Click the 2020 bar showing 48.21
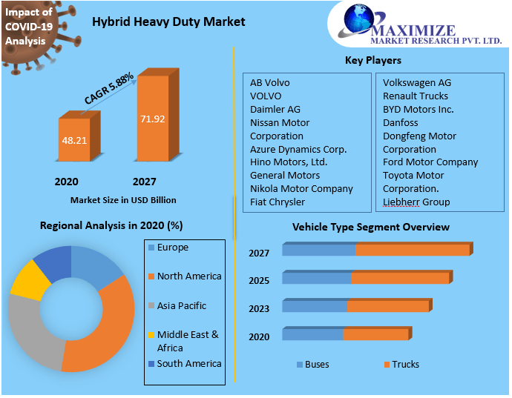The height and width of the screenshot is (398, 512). coord(73,139)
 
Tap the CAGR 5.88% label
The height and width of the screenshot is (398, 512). coord(109,87)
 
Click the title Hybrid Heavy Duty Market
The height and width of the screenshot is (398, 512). coord(168,21)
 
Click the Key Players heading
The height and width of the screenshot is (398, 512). coord(373,60)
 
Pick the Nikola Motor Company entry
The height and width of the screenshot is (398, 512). coord(301,188)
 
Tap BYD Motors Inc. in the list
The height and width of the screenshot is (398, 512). coord(418,109)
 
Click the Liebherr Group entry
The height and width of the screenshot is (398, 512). coord(416,202)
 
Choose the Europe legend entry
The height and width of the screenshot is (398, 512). coord(172,248)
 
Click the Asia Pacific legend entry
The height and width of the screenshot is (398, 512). coord(181,305)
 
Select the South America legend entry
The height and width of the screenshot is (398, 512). coord(188,363)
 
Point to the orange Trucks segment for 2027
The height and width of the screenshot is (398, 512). coord(413,250)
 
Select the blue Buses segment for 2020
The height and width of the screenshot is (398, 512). coord(312,334)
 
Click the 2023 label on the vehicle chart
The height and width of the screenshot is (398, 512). coord(259,308)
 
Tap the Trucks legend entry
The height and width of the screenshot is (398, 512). coord(405,364)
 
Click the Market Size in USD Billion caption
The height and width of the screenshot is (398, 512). coord(123,200)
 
